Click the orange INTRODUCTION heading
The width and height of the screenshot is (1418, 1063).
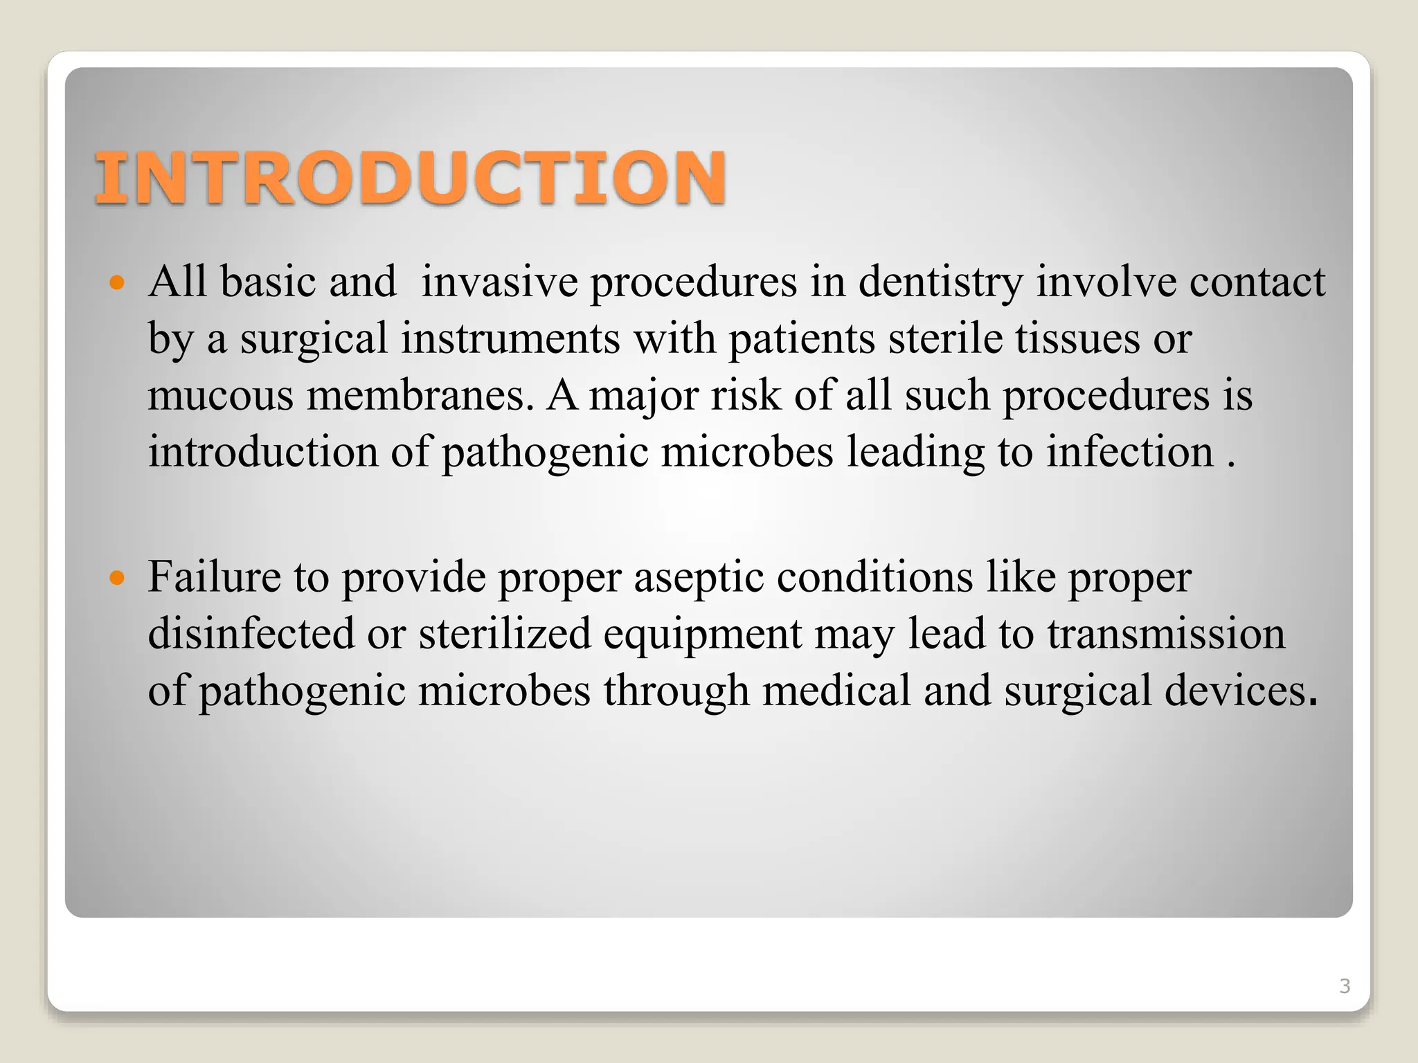pyautogui.click(x=410, y=178)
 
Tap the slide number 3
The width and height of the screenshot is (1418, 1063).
pyautogui.click(x=1345, y=986)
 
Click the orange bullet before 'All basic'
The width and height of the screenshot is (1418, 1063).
pyautogui.click(x=117, y=282)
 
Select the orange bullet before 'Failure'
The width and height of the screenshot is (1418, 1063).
pyautogui.click(x=117, y=577)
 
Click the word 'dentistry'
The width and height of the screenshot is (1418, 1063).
pyautogui.click(x=940, y=282)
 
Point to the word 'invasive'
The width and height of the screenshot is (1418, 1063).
pyautogui.click(x=499, y=282)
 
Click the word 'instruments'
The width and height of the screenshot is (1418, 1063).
pyautogui.click(x=510, y=339)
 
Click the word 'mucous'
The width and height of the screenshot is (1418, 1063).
pyautogui.click(x=220, y=396)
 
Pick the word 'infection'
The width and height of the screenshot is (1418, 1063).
pyautogui.click(x=1129, y=453)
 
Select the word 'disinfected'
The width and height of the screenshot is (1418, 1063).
pyautogui.click(x=251, y=634)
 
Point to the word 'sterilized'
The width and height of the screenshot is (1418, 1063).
pyautogui.click(x=505, y=634)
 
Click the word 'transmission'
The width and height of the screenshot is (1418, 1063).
pyautogui.click(x=1165, y=634)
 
